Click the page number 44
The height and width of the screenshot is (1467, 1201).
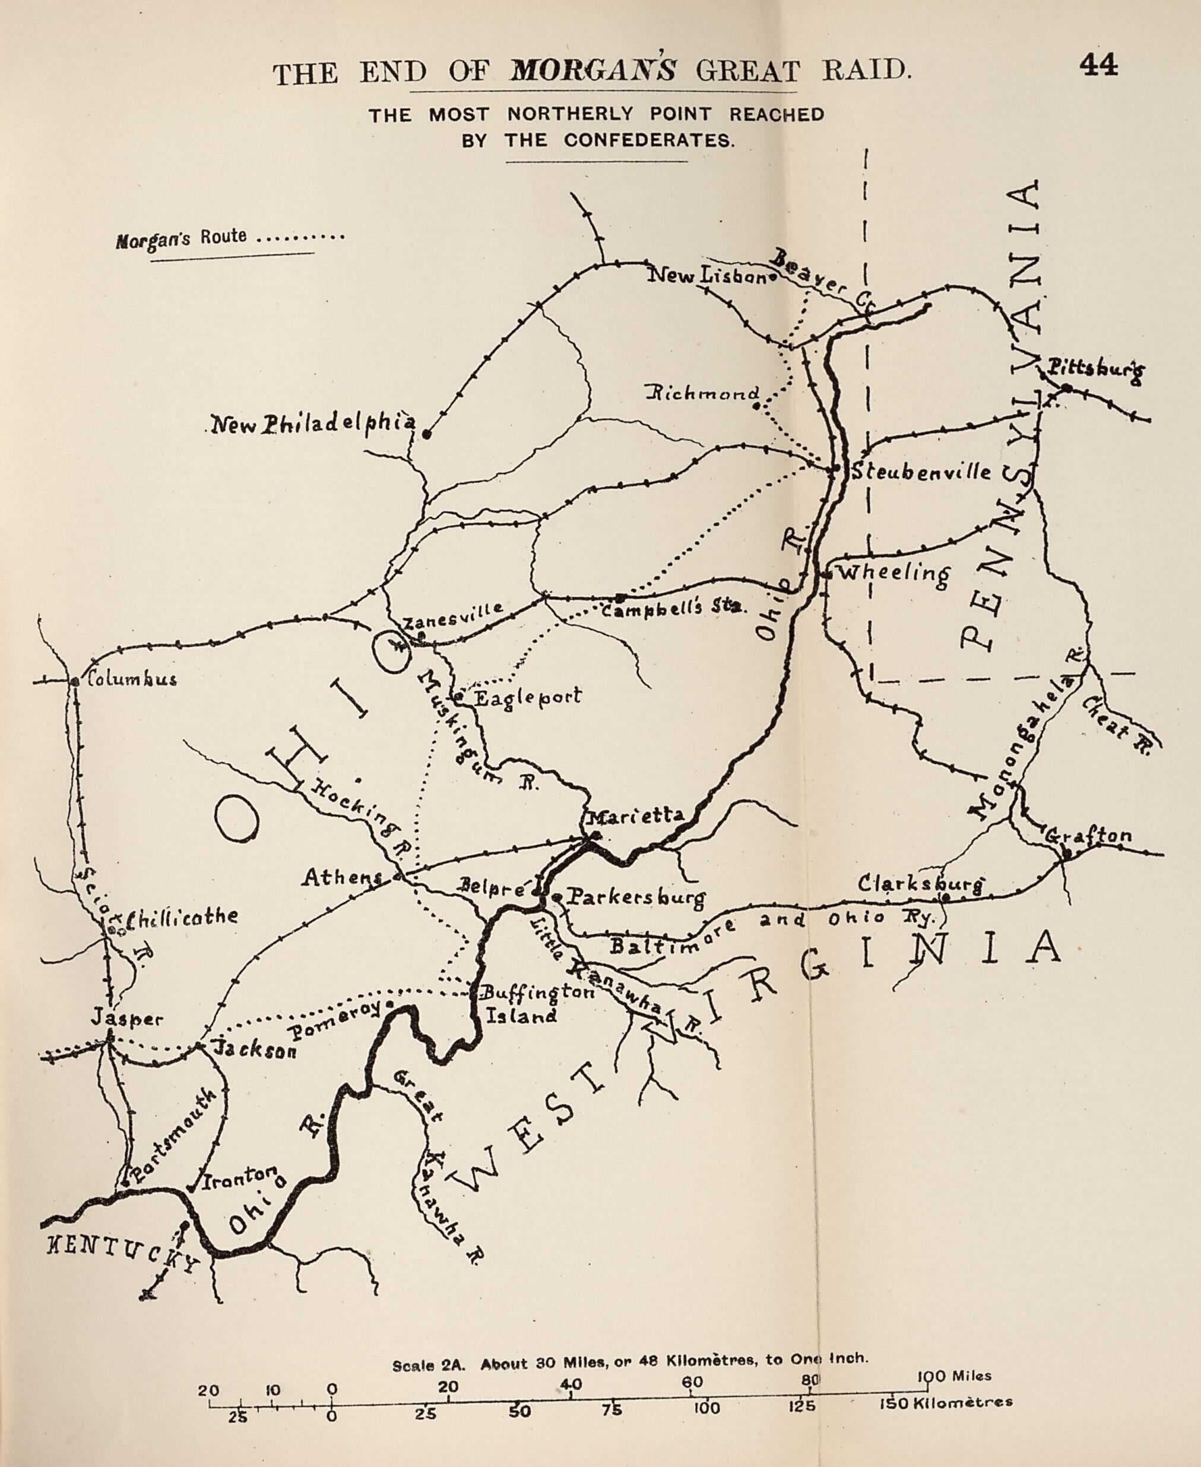pyautogui.click(x=1098, y=65)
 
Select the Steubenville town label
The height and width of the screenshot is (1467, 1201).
pyautogui.click(x=920, y=473)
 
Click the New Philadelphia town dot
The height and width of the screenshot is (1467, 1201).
pyautogui.click(x=427, y=435)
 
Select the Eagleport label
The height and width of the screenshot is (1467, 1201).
pyautogui.click(x=527, y=696)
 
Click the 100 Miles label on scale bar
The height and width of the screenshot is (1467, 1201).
pyautogui.click(x=955, y=1376)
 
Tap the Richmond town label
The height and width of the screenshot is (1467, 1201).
pyautogui.click(x=703, y=394)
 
